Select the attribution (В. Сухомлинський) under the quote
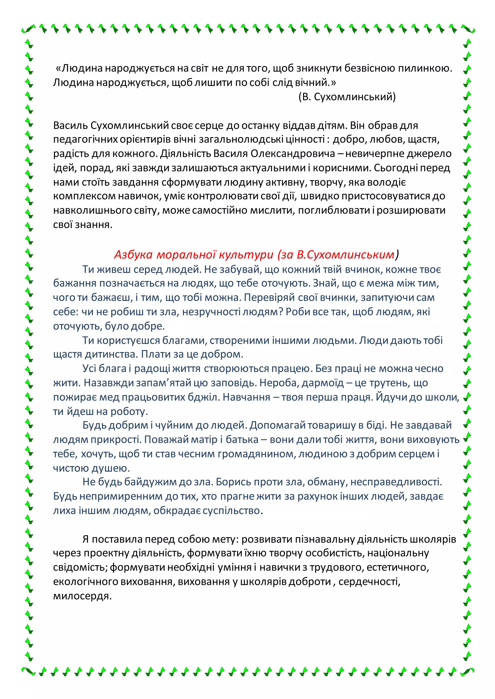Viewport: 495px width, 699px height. coord(347,97)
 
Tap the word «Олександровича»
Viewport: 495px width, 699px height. coord(293,154)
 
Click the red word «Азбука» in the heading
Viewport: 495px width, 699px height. coord(133,254)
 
